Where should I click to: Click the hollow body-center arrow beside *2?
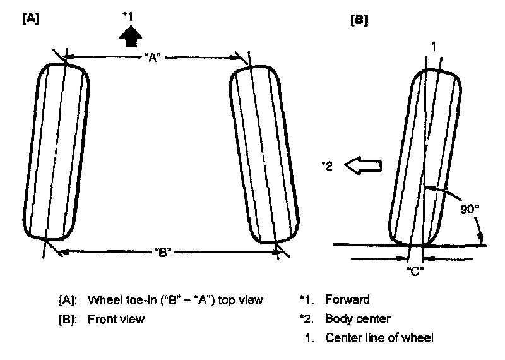click(x=364, y=166)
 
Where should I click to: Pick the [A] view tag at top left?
click(x=30, y=18)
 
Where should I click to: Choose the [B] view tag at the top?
click(x=359, y=20)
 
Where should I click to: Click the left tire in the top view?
click(x=56, y=151)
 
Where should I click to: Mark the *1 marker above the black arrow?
click(x=128, y=15)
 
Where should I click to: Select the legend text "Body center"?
click(x=357, y=318)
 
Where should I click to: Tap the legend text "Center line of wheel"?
click(x=379, y=338)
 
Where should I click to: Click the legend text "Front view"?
click(x=116, y=319)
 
